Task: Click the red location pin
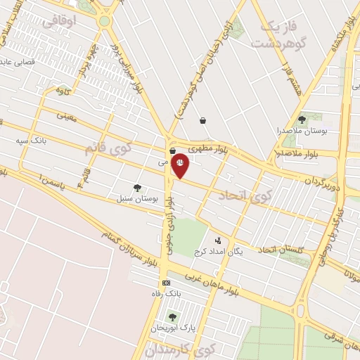(x=180, y=166)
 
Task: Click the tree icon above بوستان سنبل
(x=137, y=188)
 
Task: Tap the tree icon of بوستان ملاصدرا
(x=302, y=120)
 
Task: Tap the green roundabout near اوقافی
(x=104, y=21)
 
